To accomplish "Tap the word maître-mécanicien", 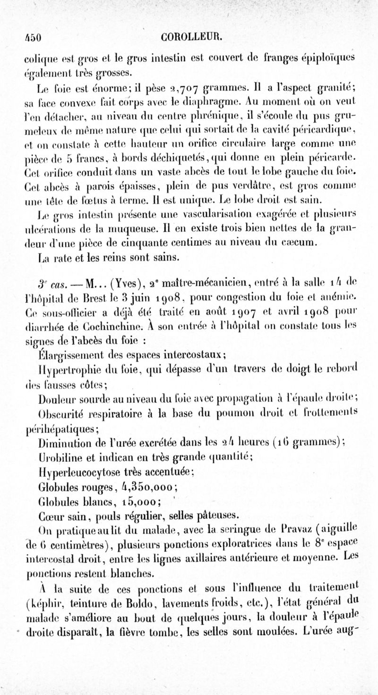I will point(200,285).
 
